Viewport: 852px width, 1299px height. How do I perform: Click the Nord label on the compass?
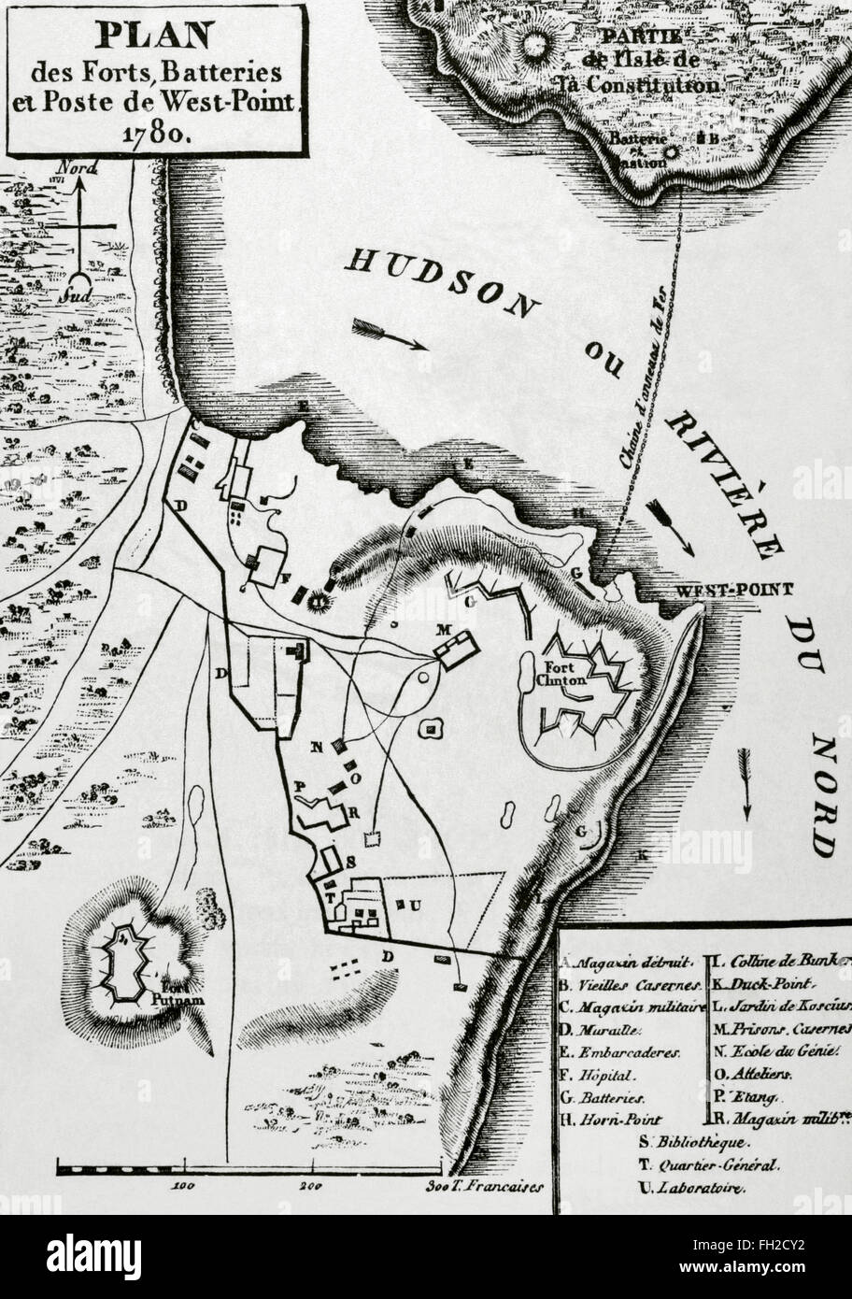click(x=81, y=171)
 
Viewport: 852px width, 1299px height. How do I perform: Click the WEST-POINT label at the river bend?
click(x=733, y=590)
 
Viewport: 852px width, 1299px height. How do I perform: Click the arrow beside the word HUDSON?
click(x=390, y=335)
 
